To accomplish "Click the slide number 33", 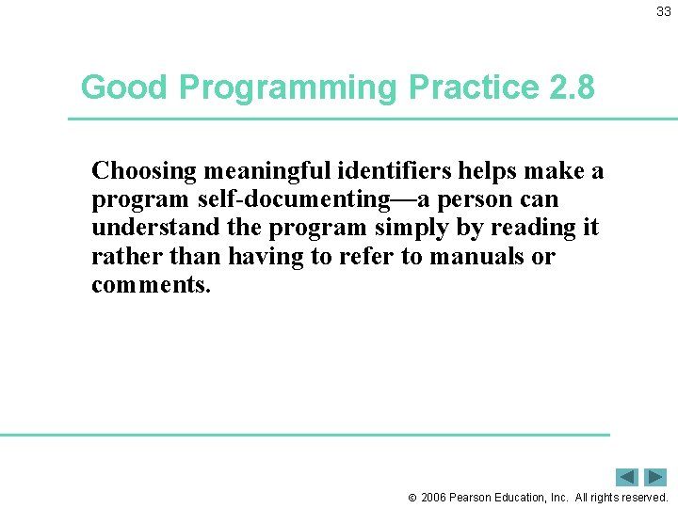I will (x=664, y=11).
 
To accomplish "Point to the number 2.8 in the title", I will (x=570, y=87).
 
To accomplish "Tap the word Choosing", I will (x=144, y=172).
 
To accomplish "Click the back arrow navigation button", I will (x=627, y=477).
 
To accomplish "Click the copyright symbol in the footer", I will (x=412, y=498).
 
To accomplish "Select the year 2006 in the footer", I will (x=434, y=498).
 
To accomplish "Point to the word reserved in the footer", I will (x=644, y=498).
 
